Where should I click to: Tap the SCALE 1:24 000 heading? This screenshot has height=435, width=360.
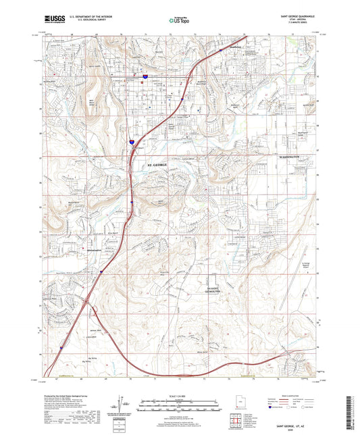pyautogui.click(x=179, y=395)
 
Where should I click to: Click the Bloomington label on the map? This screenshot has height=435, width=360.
pyautogui.click(x=80, y=249)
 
